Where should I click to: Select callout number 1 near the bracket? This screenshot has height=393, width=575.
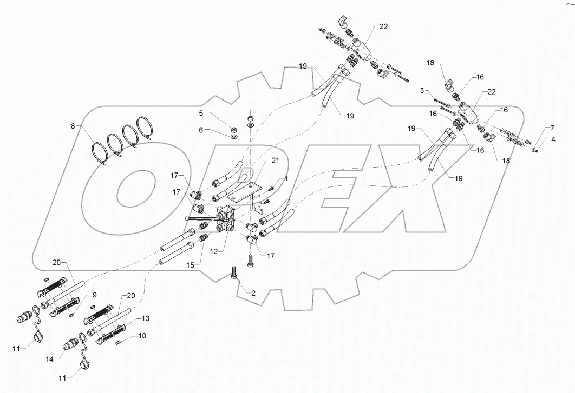click(286, 179)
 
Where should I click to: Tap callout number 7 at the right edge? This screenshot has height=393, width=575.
click(552, 128)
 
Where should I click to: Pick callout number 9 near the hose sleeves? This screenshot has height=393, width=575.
click(94, 295)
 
